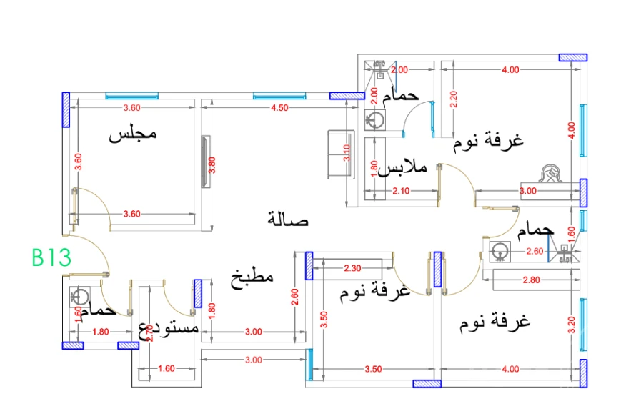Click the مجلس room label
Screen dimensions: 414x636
[132, 134]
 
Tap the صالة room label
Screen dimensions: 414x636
[288, 219]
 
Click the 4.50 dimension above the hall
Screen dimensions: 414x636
[279, 108]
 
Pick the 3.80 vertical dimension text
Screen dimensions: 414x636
[211, 166]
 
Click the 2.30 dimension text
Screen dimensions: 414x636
[353, 269]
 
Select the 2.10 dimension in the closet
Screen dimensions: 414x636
[401, 191]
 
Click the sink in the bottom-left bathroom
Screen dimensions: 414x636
[79, 297]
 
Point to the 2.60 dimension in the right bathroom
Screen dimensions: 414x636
[535, 252]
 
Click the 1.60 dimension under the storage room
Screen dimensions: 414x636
[166, 369]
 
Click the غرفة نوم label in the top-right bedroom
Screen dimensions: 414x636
[488, 140]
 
